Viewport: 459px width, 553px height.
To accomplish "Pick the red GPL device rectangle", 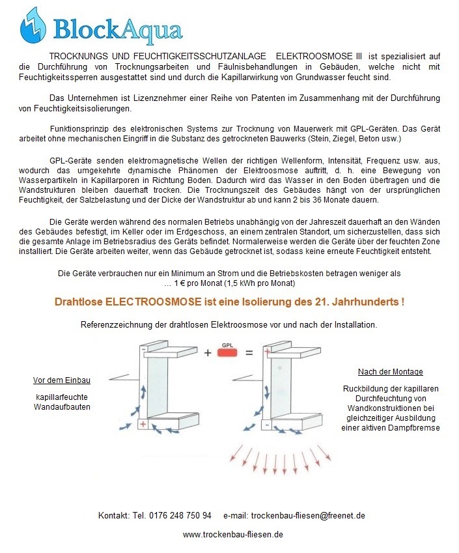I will click(x=227, y=353).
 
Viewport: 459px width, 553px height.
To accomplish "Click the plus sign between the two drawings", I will click(x=208, y=353).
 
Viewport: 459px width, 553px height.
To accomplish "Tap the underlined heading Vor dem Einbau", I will click(x=62, y=380).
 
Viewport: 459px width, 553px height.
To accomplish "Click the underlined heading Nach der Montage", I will click(x=390, y=372).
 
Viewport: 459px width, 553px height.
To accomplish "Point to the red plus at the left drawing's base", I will click(x=143, y=424).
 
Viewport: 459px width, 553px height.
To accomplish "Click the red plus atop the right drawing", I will click(x=267, y=351).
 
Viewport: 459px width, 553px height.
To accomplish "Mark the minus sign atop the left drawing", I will click(x=143, y=350).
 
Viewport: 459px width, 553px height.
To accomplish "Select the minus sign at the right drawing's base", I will click(x=266, y=424).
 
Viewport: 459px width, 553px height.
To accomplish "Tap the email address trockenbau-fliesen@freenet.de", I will click(x=307, y=515).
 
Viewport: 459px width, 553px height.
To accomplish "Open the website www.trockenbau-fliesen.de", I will click(x=232, y=534).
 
